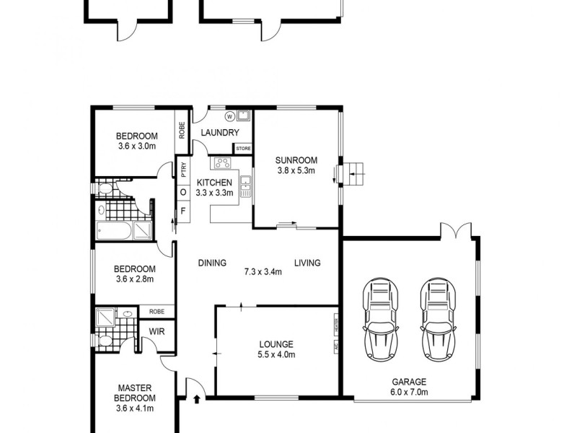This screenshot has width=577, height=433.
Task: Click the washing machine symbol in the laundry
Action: (x=230, y=116)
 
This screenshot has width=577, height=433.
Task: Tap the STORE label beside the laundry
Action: (x=243, y=149)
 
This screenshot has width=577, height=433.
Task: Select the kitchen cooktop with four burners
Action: (x=222, y=164)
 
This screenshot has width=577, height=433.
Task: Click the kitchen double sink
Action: (x=246, y=186)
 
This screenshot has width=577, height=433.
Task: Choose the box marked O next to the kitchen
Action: (x=183, y=192)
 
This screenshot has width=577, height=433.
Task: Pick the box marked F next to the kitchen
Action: (x=183, y=211)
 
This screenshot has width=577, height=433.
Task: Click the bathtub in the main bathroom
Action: (x=115, y=232)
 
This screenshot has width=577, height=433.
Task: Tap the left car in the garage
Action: (x=382, y=315)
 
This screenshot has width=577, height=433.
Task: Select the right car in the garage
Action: (x=437, y=315)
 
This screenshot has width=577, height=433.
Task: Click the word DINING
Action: (x=213, y=263)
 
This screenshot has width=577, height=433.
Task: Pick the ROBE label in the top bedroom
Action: (x=182, y=130)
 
